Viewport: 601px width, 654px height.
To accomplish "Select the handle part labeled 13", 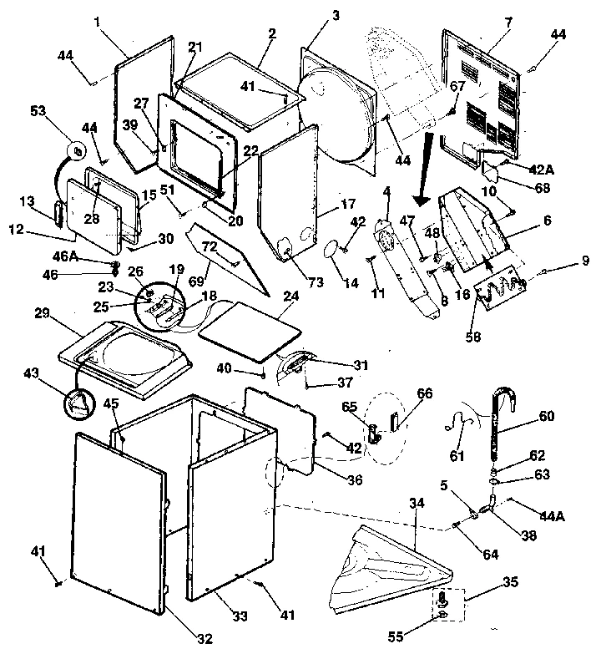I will [59, 212].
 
